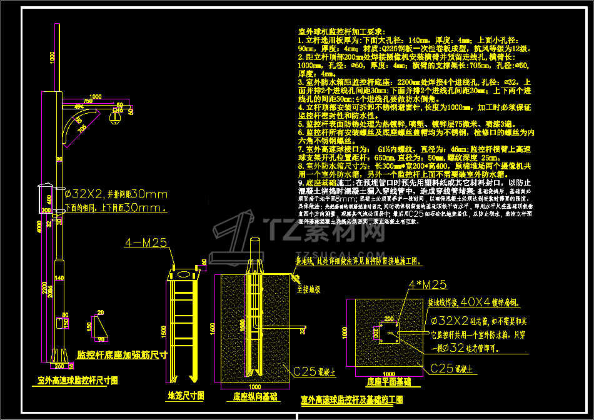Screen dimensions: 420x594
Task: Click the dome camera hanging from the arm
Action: pyautogui.click(x=115, y=117)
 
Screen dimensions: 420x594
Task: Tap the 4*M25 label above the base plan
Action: pyautogui.click(x=428, y=285)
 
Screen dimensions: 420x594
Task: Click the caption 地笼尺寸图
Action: pyautogui.click(x=186, y=395)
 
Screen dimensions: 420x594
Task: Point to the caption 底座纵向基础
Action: pyautogui.click(x=256, y=396)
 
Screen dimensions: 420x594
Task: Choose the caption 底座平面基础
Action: pyautogui.click(x=389, y=381)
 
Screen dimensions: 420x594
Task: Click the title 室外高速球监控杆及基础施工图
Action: pyautogui.click(x=352, y=399)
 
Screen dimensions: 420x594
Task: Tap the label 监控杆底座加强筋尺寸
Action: pyautogui.click(x=122, y=354)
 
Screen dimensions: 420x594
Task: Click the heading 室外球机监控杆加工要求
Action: pyautogui.click(x=342, y=31)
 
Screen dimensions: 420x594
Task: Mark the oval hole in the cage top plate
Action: pyautogui.click(x=183, y=274)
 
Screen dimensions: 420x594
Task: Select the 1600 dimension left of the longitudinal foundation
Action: pyautogui.click(x=212, y=328)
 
